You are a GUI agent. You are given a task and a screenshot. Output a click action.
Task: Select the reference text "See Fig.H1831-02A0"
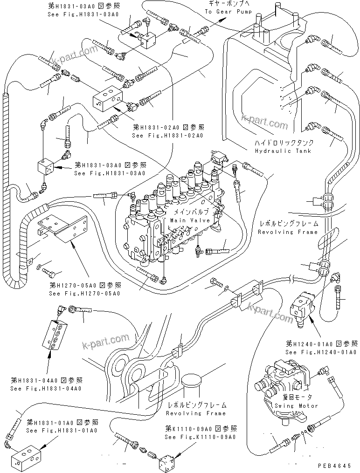click(x=168, y=136)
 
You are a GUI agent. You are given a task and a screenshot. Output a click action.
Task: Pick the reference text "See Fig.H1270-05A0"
click(x=84, y=293)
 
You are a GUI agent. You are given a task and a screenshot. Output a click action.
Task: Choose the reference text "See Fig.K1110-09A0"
click(x=200, y=437)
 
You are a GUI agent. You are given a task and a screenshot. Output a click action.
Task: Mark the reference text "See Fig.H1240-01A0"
click(x=321, y=352)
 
